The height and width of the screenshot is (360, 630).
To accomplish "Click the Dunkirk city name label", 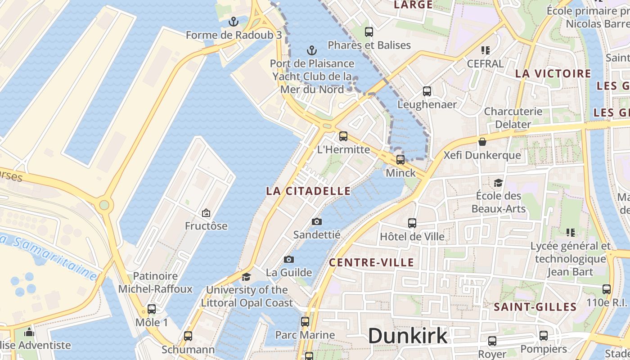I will pos(408,336).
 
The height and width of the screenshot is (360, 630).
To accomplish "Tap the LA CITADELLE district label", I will pos(308,191).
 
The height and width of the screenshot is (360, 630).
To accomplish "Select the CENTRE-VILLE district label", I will pos(372,263).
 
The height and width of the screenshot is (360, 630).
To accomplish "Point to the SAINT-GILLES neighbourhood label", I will pos(535,307).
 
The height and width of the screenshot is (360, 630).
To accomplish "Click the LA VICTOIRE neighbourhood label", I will pos(553,74).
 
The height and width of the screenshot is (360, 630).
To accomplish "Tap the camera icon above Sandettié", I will pos(317,221).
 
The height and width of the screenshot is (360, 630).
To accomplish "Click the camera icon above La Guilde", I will pos(289,259).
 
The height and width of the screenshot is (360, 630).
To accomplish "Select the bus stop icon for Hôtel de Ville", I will pos(412,223).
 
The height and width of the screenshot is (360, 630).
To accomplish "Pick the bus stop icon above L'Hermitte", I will pos(343,136).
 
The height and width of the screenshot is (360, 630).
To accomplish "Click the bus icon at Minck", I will pos(400,159).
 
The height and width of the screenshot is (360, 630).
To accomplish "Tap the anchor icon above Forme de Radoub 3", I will pos(233,21).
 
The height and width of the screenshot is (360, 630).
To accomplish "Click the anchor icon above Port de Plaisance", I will pos(311,50).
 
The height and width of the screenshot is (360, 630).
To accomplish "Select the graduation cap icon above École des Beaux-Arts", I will pos(498,183).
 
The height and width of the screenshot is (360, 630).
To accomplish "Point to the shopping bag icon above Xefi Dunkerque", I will pos(482,142).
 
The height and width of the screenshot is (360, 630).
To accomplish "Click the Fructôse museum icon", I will pos(206,212).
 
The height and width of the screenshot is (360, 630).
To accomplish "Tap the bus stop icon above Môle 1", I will pos(152,309).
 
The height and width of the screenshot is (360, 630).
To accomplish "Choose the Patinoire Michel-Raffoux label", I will pos(155,283).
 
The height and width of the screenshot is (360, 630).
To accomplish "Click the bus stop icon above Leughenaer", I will pos(427,91).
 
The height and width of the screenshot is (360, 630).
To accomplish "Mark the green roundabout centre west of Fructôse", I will pos(104,205).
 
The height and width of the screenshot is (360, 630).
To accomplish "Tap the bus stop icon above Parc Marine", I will pos(305,321).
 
